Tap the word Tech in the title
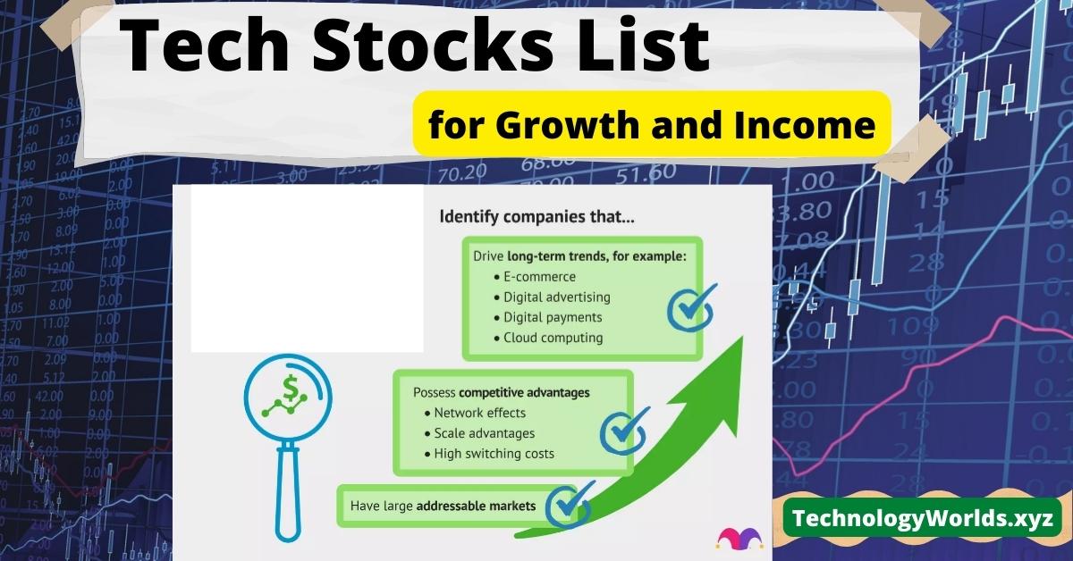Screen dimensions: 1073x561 [x=205, y=46]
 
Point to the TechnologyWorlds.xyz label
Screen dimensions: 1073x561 [x=923, y=518]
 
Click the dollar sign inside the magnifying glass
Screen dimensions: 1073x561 [x=291, y=389]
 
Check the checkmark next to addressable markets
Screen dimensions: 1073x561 [x=568, y=506]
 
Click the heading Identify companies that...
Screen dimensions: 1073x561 [x=537, y=217]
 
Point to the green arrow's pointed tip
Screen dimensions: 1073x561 [x=743, y=337]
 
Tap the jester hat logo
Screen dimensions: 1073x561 [x=739, y=538]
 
